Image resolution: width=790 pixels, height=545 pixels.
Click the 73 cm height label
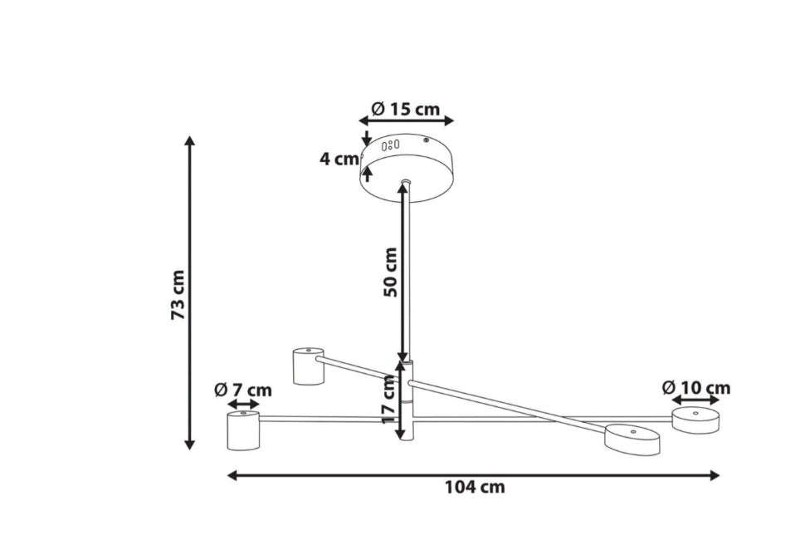point(179,295)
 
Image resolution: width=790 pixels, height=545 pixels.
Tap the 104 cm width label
point(475,488)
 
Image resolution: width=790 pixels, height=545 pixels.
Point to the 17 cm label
point(389,399)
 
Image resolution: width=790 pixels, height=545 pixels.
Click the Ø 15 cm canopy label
point(406,109)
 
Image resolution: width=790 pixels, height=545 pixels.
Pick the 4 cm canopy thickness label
point(339,159)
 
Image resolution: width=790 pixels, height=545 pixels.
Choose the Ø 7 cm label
point(243,390)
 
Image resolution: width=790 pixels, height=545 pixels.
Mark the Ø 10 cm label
point(695,387)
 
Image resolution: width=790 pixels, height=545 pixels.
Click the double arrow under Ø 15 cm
point(406,120)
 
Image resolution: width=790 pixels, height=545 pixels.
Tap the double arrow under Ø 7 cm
point(243,405)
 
